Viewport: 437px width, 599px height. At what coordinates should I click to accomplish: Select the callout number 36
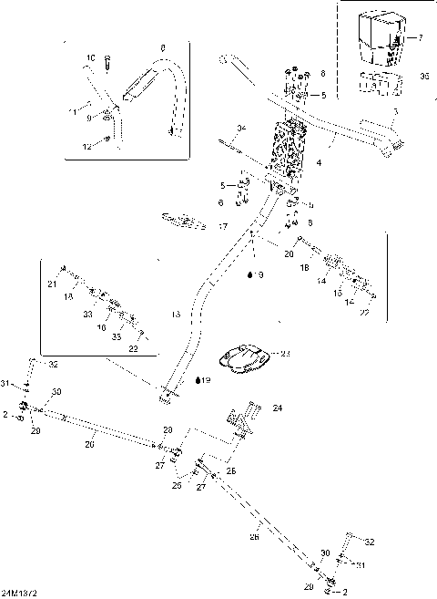click(423, 78)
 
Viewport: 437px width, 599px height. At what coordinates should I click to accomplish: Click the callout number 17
click(223, 226)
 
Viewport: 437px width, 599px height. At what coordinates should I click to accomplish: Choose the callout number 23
click(285, 352)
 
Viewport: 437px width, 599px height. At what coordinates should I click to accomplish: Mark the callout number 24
click(277, 409)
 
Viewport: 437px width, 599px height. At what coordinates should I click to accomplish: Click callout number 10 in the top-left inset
click(90, 58)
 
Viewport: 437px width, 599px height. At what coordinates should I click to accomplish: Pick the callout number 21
click(51, 285)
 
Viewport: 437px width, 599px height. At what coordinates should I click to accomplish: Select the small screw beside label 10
click(107, 64)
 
